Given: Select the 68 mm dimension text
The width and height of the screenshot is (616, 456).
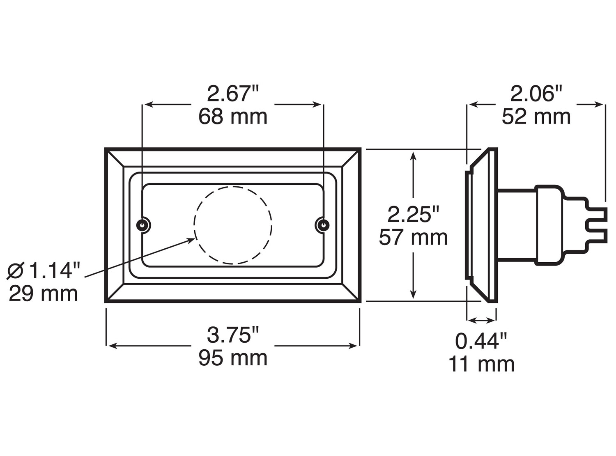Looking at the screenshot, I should pyautogui.click(x=233, y=117).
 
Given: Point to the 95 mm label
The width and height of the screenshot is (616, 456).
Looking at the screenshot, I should pyautogui.click(x=233, y=358).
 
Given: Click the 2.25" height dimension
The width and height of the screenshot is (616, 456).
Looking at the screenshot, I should pyautogui.click(x=414, y=214).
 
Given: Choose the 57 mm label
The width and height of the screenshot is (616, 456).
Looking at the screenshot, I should pyautogui.click(x=413, y=238).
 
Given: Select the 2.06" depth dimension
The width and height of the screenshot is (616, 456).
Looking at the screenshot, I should pyautogui.click(x=536, y=94).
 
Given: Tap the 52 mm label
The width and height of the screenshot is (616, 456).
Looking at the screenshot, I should pyautogui.click(x=536, y=117).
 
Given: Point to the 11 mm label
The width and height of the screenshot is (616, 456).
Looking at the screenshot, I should pyautogui.click(x=481, y=364).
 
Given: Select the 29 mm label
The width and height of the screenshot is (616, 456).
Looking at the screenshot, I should pyautogui.click(x=44, y=294).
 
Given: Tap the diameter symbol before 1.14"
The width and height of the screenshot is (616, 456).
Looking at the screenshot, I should pyautogui.click(x=16, y=271).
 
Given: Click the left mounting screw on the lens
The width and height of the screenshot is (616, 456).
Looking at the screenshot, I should pyautogui.click(x=143, y=225).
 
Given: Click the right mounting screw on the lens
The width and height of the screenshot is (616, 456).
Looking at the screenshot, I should pyautogui.click(x=323, y=225).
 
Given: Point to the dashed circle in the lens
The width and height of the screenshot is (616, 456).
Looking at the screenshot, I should pyautogui.click(x=233, y=225).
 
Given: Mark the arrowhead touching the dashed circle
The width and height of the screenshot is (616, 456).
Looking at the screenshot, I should pyautogui.click(x=189, y=240).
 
